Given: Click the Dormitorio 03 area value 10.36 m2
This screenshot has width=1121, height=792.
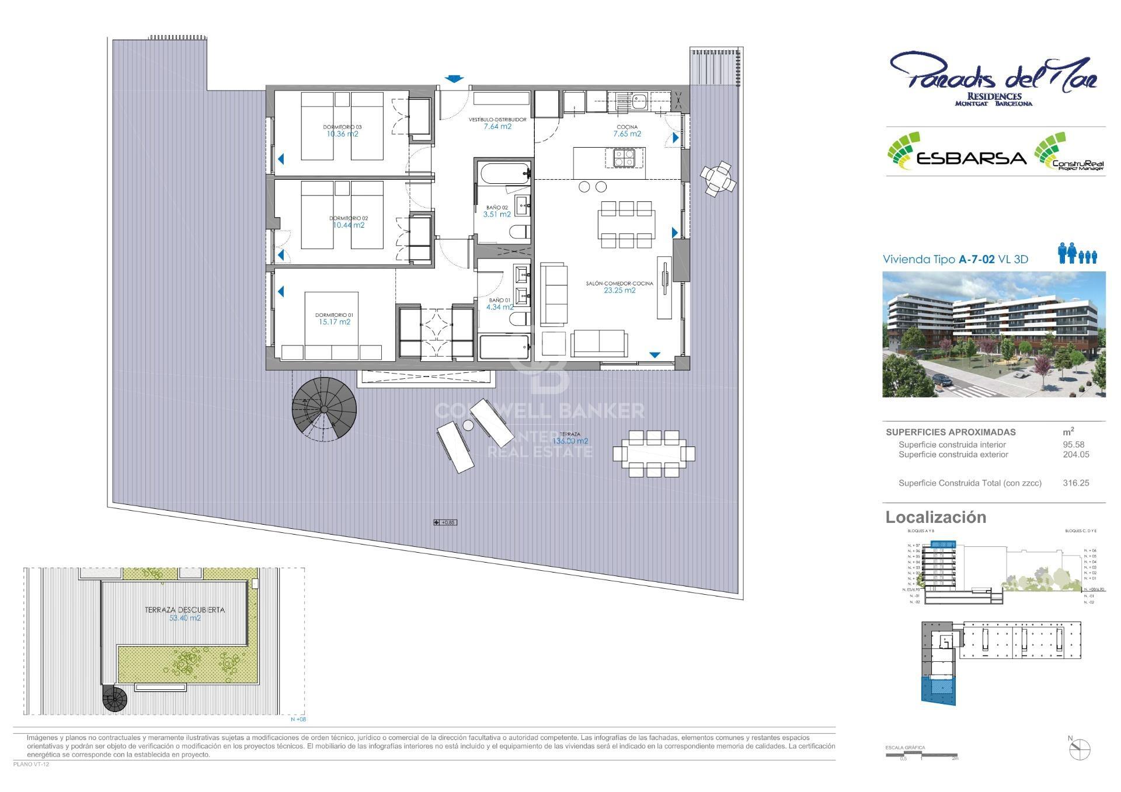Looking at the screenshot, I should pos(342,134).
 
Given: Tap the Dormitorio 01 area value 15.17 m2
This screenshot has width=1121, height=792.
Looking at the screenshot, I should pos(335,322).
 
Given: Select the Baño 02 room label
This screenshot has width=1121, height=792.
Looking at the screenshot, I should pos(497,207).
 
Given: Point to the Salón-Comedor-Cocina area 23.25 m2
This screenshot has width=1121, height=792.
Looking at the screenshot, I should pos(619,290).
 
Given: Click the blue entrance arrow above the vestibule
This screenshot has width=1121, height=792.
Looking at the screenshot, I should pos(453,79).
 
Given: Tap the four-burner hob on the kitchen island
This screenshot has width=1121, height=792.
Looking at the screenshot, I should pos(624,158).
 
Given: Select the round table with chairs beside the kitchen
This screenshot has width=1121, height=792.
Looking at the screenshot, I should pos(718,178).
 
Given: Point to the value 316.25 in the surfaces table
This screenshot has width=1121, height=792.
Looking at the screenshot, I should pos(1075,483).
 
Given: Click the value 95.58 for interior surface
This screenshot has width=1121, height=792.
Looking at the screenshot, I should pos(1073,444).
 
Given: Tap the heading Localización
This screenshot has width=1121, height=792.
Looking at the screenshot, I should pos(935,517).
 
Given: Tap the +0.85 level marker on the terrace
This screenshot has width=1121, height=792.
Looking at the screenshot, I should pos(445,522).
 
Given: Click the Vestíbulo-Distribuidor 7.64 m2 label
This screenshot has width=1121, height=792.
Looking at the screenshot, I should pos(497,126).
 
